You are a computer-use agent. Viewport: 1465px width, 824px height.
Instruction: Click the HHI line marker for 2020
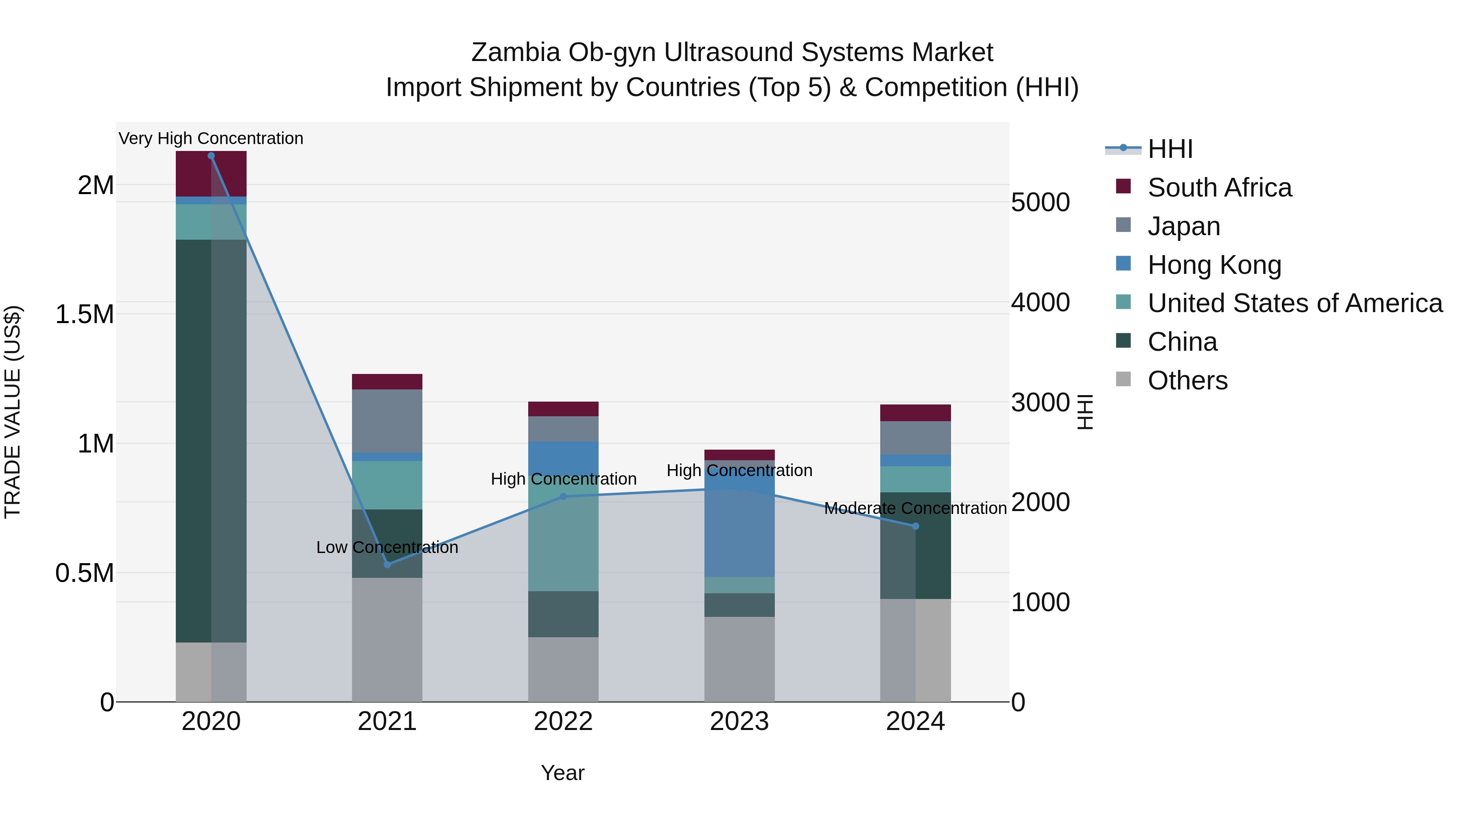[x=211, y=156]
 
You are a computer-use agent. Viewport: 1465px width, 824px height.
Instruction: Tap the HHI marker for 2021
[x=387, y=565]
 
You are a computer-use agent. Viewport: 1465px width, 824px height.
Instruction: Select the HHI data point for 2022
[x=564, y=496]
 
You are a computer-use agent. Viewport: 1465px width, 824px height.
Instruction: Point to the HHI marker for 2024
[x=916, y=527]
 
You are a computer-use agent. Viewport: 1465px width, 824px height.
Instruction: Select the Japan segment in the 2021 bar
[x=387, y=421]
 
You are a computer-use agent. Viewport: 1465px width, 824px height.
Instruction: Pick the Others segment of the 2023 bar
[x=739, y=659]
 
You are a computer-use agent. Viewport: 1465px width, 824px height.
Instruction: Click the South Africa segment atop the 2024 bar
[x=916, y=413]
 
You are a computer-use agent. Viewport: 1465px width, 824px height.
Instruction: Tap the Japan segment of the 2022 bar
[x=564, y=429]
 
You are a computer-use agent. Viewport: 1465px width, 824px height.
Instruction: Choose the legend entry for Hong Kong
[x=1214, y=265]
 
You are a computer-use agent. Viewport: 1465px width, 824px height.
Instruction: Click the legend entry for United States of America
[x=1295, y=303]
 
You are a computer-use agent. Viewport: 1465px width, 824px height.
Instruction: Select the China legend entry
[x=1182, y=342]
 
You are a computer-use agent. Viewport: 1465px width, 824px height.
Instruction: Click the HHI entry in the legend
[x=1170, y=149]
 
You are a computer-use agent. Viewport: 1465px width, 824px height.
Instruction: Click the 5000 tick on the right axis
[x=1040, y=203]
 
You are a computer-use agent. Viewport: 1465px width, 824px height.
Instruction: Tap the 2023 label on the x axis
[x=739, y=721]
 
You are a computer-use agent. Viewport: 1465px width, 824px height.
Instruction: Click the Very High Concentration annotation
[x=211, y=138]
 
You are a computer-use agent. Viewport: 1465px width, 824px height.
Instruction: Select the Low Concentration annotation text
[x=387, y=547]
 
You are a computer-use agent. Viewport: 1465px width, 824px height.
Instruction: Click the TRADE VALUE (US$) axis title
[x=13, y=412]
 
